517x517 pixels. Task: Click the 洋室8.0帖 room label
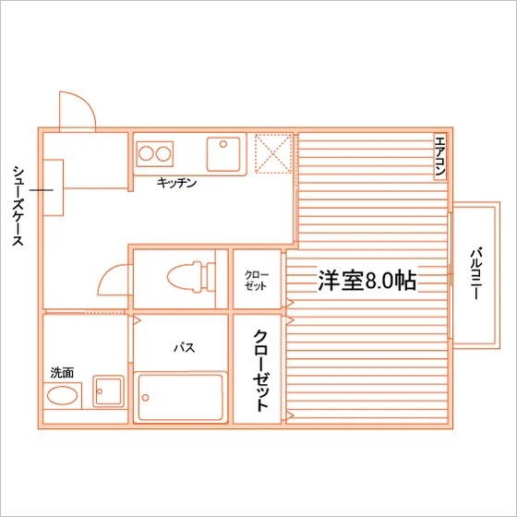[367, 281]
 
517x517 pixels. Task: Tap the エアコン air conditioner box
[440, 157]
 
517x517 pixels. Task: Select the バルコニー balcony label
[476, 273]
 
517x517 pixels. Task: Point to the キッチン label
[176, 183]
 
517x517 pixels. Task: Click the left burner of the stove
[146, 153]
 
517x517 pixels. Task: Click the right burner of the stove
[163, 153]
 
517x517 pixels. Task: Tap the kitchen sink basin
[223, 154]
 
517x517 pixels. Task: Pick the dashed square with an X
[273, 153]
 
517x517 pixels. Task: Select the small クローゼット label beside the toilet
[257, 281]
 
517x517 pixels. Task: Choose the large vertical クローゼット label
[260, 370]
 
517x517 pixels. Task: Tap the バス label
[185, 347]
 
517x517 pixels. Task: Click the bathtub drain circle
[145, 397]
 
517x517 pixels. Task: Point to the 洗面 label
[62, 373]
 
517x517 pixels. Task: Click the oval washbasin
[63, 395]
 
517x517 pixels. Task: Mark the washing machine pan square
[109, 391]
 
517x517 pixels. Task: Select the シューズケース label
[18, 206]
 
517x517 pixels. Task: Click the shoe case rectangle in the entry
[54, 187]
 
